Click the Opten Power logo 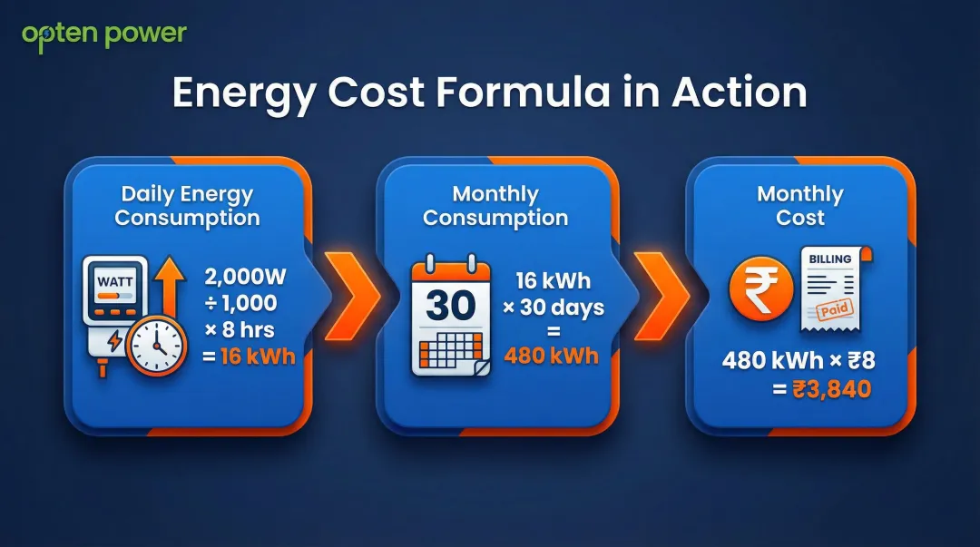[104, 35]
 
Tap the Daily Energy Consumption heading [187, 206]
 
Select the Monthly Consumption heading [495, 206]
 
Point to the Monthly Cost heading [800, 206]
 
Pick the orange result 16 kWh [250, 356]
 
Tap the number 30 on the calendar [450, 306]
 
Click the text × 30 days [554, 307]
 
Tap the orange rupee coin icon [761, 289]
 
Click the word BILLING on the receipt [830, 259]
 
